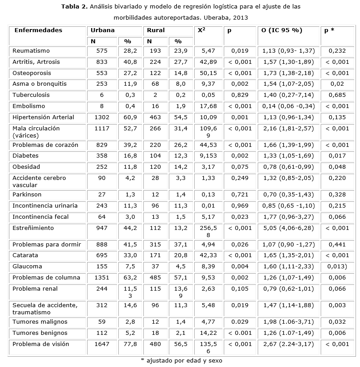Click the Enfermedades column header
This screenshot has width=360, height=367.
[x=38, y=30]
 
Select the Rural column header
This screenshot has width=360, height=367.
[x=156, y=30]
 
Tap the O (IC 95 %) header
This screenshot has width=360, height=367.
[x=282, y=30]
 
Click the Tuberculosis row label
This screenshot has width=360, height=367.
[x=31, y=95]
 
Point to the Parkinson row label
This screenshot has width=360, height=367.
[x=27, y=195]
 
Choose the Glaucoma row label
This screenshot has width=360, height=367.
[x=27, y=267]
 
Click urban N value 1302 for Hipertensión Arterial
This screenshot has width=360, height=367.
[x=102, y=117]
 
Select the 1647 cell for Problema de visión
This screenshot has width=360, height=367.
[x=102, y=344]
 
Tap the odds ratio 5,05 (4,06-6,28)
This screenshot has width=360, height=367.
[x=289, y=228]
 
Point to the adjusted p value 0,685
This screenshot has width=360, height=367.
[x=337, y=95]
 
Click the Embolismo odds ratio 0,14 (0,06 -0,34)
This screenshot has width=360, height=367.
[x=289, y=106]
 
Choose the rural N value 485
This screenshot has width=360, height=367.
[x=156, y=278]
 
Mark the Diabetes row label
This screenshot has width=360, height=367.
[x=25, y=156]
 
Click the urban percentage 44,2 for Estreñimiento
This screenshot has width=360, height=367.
[x=130, y=228]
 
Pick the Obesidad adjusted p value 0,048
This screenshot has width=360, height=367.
[x=337, y=167]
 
